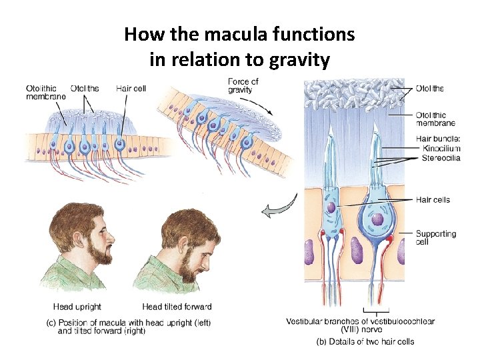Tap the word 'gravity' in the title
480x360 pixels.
tap(300, 61)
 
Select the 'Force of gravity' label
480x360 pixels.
tap(243, 86)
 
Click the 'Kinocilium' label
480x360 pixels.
tap(441, 148)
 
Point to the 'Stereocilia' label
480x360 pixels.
tap(441, 158)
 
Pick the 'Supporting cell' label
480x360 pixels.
tap(436, 238)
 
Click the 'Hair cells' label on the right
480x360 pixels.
tap(433, 200)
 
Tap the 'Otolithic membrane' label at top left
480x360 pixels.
tap(45, 93)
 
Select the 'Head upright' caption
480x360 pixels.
tap(77, 307)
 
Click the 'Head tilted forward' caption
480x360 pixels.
tap(177, 307)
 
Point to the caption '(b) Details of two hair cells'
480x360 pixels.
tap(365, 341)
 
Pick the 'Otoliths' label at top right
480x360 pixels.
tap(429, 89)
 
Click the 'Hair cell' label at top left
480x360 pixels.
tap(131, 89)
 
